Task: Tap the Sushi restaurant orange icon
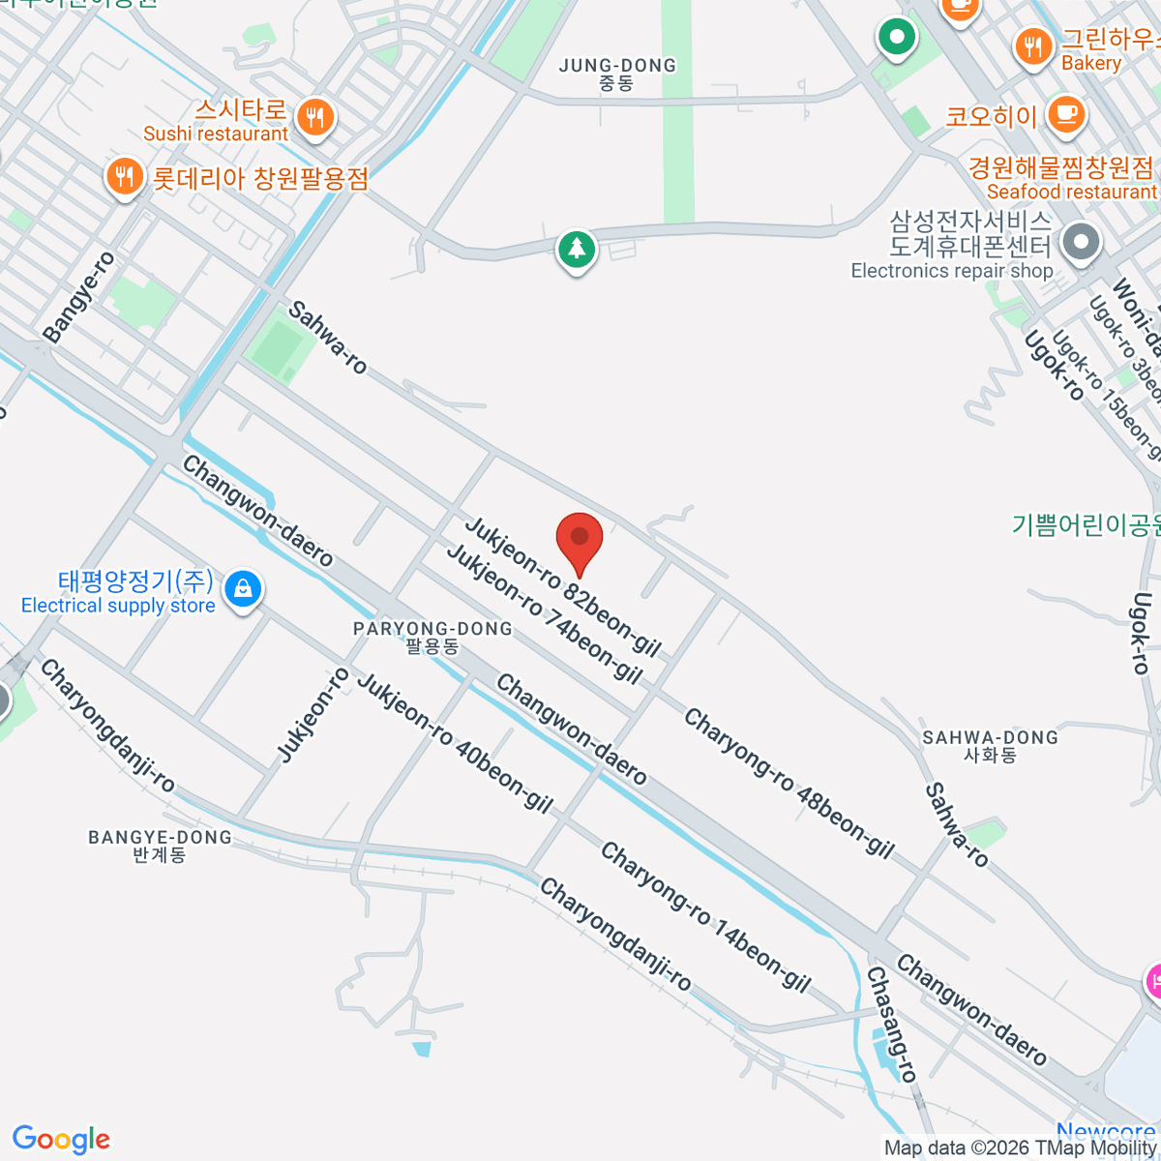point(314,118)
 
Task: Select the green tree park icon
point(577,250)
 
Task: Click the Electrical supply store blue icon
point(243,587)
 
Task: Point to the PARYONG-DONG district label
point(432,637)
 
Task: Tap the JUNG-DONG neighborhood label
point(617,74)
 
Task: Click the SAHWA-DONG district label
point(990,746)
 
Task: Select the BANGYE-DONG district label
point(161,845)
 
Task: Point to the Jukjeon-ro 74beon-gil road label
point(544,613)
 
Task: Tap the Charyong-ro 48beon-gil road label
point(789,783)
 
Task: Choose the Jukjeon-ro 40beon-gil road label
point(455,742)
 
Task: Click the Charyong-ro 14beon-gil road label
point(704,916)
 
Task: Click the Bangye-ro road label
point(79,297)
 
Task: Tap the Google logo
point(61,1140)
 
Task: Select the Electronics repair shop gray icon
point(1081,242)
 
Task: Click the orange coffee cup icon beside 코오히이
point(1065,114)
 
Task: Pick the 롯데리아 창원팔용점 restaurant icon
point(124,177)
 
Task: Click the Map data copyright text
point(1021,1148)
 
